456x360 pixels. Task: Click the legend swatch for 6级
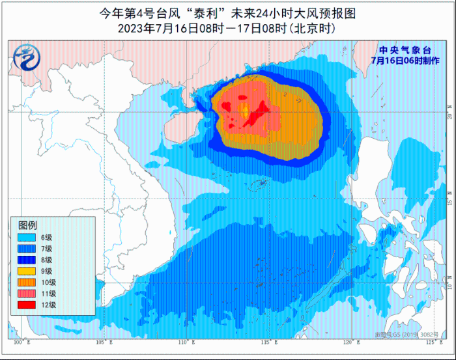pos(26,237)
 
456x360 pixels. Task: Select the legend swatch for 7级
pos(26,249)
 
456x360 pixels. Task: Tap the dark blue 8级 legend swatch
pos(26,260)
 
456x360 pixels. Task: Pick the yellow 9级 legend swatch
pos(26,271)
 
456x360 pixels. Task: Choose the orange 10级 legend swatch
pos(26,282)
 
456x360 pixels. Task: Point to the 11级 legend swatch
pos(26,294)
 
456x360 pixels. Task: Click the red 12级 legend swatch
pos(26,305)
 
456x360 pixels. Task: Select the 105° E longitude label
pos(104,342)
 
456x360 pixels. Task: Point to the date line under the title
pos(227,28)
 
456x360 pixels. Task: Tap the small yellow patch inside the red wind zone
pos(245,111)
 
